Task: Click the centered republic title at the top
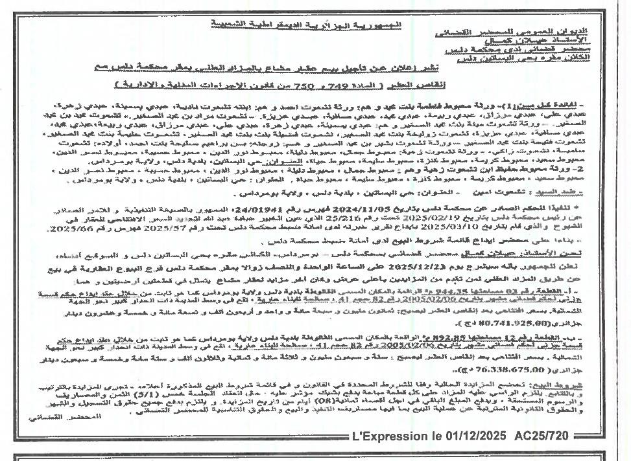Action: pyautogui.click(x=306, y=24)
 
